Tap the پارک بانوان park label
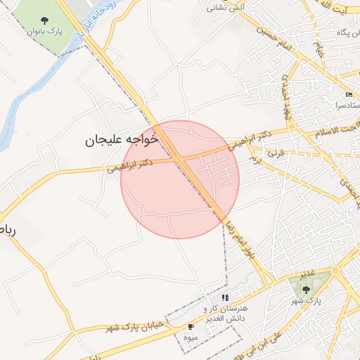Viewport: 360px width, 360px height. coord(44,32)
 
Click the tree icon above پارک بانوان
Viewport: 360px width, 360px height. coord(45,20)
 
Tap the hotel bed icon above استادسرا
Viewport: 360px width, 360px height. coord(349,95)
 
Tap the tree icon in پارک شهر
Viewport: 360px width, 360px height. coord(305,288)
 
